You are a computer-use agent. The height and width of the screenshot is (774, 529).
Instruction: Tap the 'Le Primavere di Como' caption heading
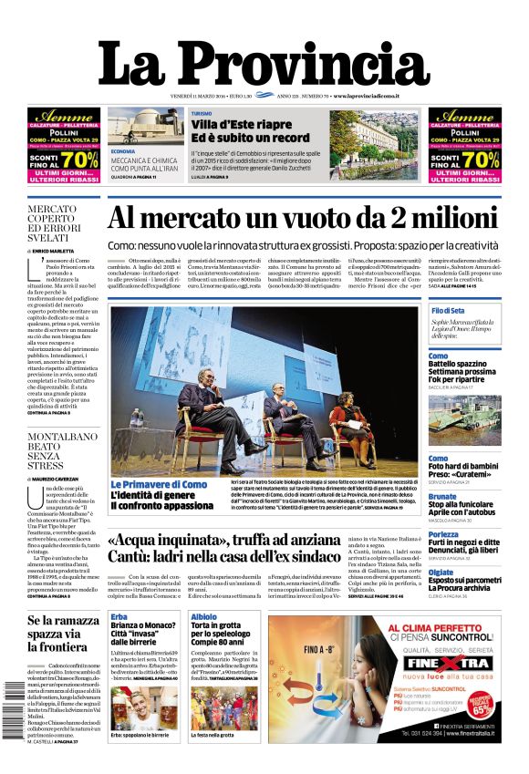coord(159,484)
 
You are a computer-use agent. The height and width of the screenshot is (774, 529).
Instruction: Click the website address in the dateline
coord(379,96)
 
